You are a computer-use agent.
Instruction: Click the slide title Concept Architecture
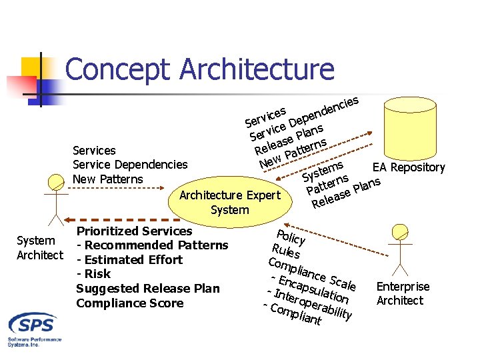[x=199, y=69]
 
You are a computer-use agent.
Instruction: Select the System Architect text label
[x=39, y=247]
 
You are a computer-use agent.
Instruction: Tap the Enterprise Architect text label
[x=403, y=293]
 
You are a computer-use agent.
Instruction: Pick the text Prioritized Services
[x=134, y=231]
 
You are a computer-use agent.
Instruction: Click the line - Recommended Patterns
[x=152, y=245]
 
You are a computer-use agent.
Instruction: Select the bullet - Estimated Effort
[x=129, y=260]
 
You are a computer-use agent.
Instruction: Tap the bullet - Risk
[x=93, y=274]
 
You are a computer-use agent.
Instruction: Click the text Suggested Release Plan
[x=147, y=289]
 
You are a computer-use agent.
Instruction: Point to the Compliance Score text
[x=129, y=303]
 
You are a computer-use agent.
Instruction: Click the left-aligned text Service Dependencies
[x=129, y=165]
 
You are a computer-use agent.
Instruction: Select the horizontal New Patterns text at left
[x=107, y=179]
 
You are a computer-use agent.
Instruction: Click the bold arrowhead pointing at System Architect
[x=58, y=219]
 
